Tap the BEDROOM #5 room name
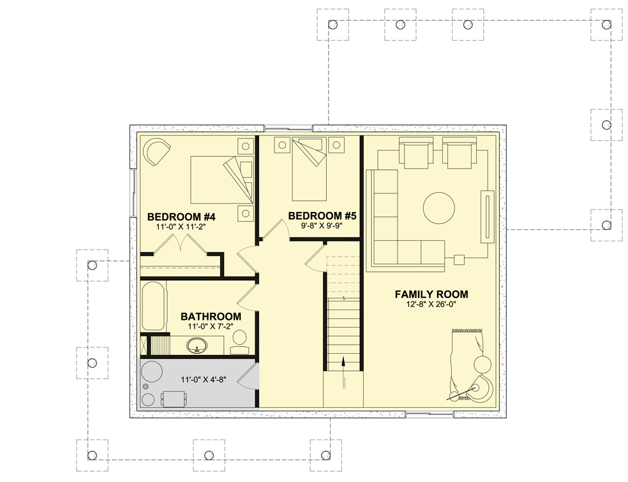point(322,216)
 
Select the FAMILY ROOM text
point(431,294)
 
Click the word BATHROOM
point(211,316)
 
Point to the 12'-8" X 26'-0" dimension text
point(431,305)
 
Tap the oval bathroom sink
point(197,346)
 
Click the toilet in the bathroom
point(239,345)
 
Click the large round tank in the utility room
point(153,372)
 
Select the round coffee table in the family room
point(439,208)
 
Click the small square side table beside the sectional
point(458,259)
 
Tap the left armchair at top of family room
point(414,155)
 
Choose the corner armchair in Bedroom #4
point(156,152)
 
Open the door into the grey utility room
point(250,377)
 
